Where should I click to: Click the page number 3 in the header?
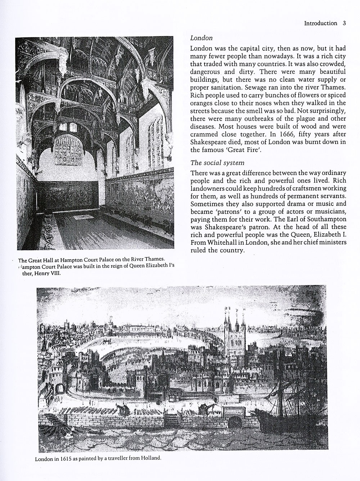pyautogui.click(x=344, y=23)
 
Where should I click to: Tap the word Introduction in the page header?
pyautogui.click(x=320, y=23)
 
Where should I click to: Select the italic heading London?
pyautogui.click(x=201, y=37)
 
